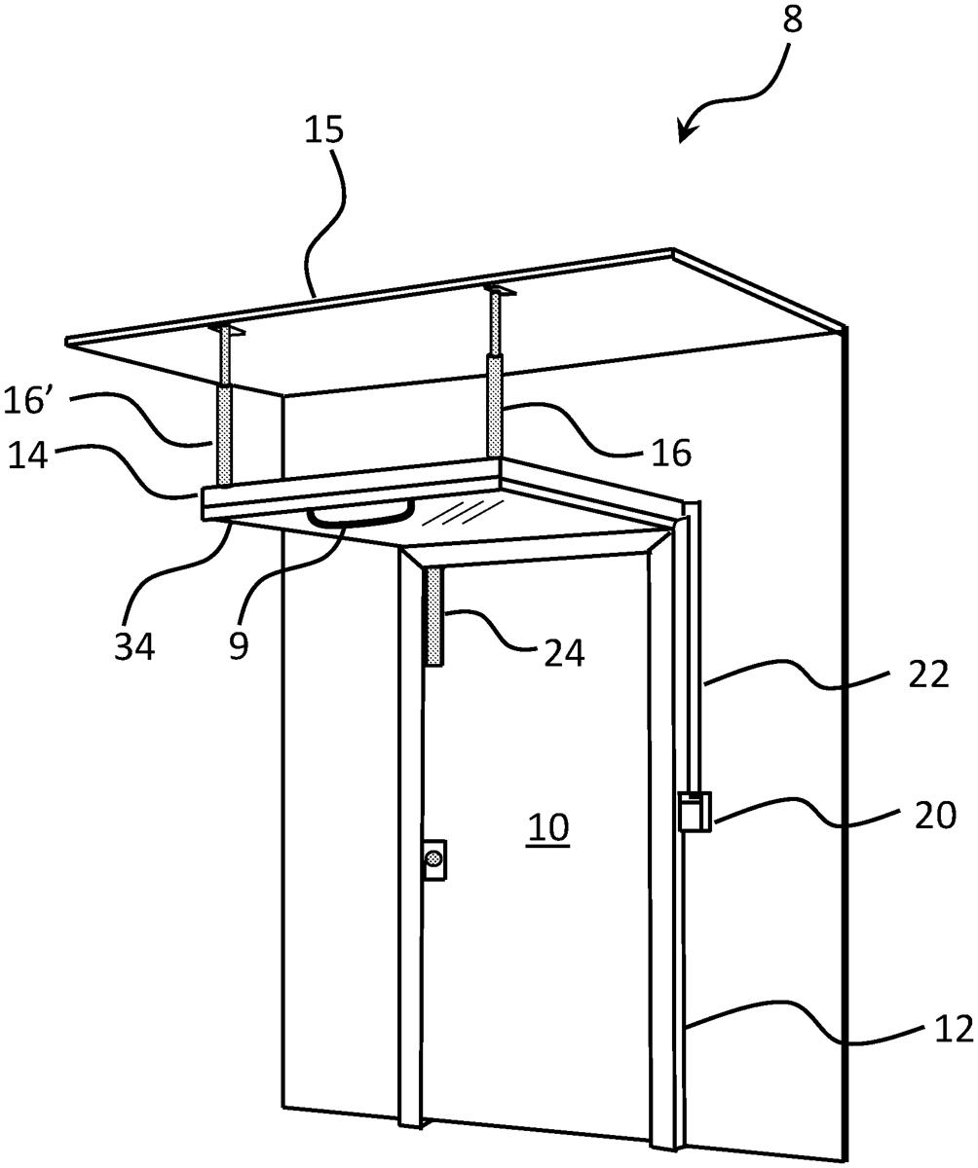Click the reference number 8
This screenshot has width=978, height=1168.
click(x=793, y=20)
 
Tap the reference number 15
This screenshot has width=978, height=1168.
click(x=324, y=129)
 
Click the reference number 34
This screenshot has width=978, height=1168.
click(x=134, y=647)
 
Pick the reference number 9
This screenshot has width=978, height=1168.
click(x=238, y=647)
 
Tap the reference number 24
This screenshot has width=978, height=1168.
click(x=564, y=652)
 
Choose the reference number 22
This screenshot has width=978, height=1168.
click(x=928, y=674)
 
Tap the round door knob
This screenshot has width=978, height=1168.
click(x=433, y=858)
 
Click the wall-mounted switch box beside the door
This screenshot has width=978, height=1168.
click(x=695, y=811)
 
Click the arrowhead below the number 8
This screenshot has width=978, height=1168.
click(x=687, y=132)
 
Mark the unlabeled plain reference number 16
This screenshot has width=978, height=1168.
click(x=671, y=453)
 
